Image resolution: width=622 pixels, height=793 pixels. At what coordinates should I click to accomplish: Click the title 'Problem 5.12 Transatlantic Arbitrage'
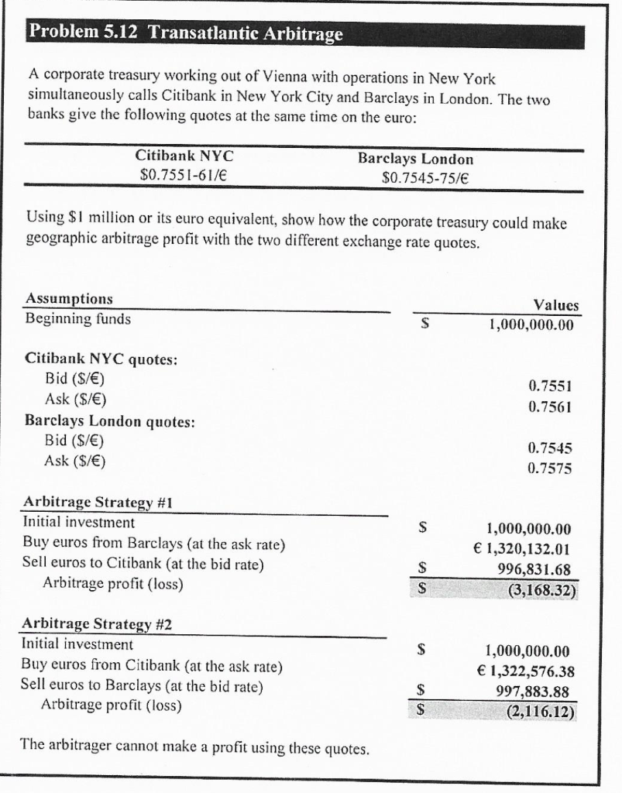click(x=185, y=35)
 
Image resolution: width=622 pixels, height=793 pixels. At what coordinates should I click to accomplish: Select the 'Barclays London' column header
click(x=415, y=158)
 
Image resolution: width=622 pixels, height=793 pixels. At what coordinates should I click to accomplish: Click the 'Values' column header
click(x=556, y=305)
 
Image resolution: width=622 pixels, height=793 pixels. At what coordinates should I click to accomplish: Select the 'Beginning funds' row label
click(x=78, y=318)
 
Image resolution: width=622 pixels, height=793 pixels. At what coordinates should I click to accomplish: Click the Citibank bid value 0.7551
click(x=552, y=386)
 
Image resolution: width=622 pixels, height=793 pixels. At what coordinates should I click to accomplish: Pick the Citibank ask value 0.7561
click(x=552, y=404)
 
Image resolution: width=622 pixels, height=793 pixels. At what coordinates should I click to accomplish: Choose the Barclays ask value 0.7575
click(x=552, y=467)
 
